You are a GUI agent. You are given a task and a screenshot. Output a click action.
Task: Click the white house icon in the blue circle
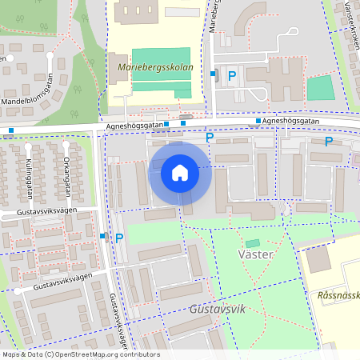pyautogui.click(x=180, y=172)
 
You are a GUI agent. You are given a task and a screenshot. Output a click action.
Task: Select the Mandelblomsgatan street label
pyautogui.click(x=33, y=102)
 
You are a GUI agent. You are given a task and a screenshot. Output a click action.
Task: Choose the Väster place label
pyautogui.click(x=256, y=254)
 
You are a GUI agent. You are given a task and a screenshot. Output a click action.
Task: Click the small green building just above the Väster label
pyautogui.click(x=253, y=243)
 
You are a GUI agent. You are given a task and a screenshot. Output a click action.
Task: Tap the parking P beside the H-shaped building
pyautogui.click(x=232, y=75)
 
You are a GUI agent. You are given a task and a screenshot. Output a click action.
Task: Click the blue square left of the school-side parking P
pyautogui.click(x=214, y=74)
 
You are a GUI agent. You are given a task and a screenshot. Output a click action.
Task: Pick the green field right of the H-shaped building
pyautogui.click(x=320, y=87)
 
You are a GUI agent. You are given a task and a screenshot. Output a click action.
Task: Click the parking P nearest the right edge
pyautogui.click(x=329, y=142)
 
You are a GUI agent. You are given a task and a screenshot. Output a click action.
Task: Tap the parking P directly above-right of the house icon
pyautogui.click(x=210, y=137)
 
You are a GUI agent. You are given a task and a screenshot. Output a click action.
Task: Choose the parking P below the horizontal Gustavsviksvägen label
pyautogui.click(x=119, y=237)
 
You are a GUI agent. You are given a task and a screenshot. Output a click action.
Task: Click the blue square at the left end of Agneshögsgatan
pyautogui.click(x=11, y=130)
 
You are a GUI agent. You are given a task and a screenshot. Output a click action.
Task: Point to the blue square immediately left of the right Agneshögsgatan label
pyautogui.click(x=258, y=122)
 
